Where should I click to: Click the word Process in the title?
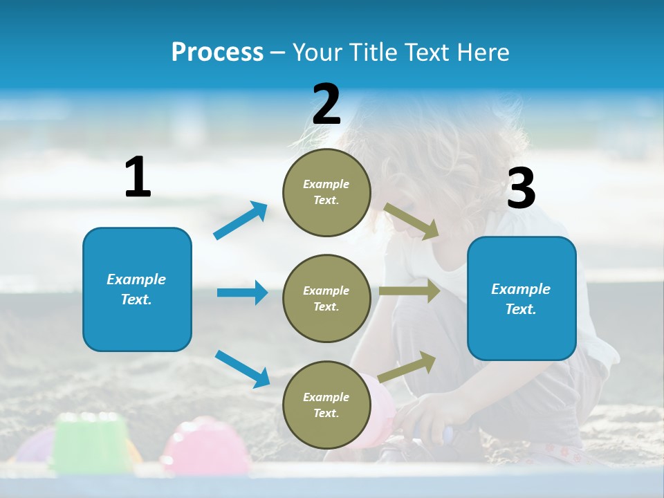click(x=217, y=53)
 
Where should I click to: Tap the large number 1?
click(x=138, y=178)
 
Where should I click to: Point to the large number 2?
click(x=326, y=104)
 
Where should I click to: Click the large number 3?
click(x=521, y=189)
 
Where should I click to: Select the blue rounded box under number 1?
click(x=137, y=289)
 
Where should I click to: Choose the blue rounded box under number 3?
click(x=522, y=298)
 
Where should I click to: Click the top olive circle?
click(x=326, y=192)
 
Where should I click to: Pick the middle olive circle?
click(x=326, y=298)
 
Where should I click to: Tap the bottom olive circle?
click(x=326, y=405)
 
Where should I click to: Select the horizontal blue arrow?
click(x=242, y=293)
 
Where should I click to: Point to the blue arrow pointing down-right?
click(x=242, y=368)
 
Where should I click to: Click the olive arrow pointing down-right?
click(x=412, y=221)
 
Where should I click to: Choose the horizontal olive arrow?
click(x=409, y=291)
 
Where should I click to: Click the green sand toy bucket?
click(x=86, y=443)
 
